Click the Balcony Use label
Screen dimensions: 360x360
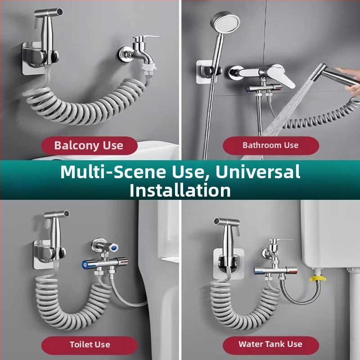point(89,145)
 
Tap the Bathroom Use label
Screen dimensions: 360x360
point(270,145)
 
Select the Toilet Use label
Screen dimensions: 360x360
point(90,344)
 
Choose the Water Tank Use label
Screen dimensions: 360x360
point(270,344)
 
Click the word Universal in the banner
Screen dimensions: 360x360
point(258,171)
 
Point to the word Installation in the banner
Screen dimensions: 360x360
point(180,190)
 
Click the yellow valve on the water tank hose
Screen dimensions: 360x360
point(318,278)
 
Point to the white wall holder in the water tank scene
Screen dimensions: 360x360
point(229,264)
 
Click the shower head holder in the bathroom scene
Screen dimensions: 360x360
point(207,71)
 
